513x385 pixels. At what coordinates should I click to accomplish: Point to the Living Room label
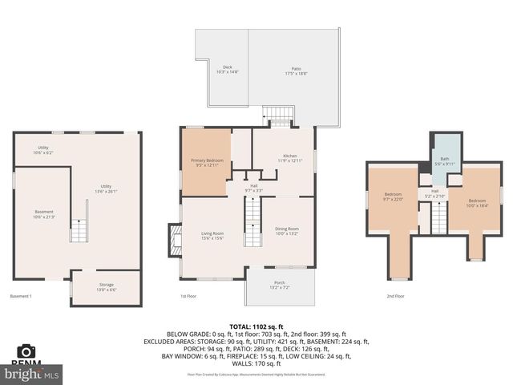tap(212, 236)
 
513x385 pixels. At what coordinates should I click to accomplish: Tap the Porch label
tap(279, 284)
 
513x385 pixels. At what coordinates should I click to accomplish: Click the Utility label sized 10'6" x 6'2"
tap(42, 150)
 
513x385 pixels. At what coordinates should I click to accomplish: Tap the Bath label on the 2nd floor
tap(444, 161)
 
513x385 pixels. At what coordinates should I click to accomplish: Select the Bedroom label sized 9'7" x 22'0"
tap(392, 197)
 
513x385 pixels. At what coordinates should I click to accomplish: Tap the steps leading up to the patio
tap(280, 117)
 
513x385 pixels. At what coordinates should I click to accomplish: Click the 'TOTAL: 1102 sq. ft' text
tap(256, 326)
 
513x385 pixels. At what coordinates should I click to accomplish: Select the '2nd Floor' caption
tap(394, 296)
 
